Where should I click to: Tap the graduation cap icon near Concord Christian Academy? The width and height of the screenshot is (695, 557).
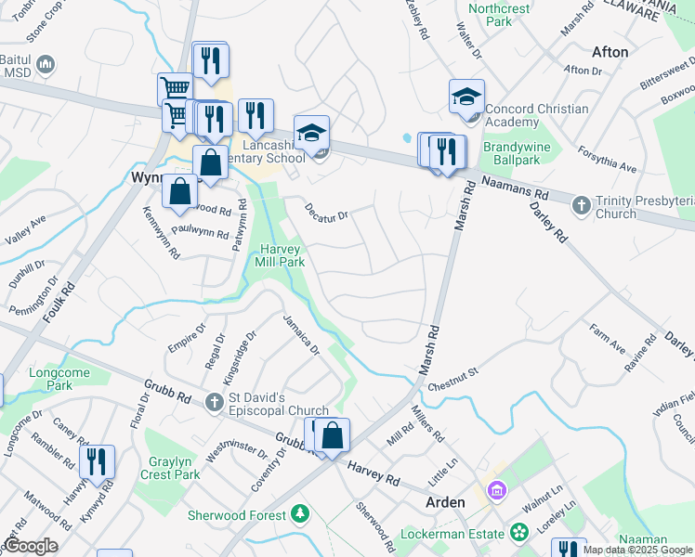[466, 97]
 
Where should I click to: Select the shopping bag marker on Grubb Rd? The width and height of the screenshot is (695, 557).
[334, 436]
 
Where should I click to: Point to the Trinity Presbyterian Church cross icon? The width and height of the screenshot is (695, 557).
[582, 204]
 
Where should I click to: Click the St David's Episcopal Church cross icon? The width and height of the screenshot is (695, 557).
[216, 403]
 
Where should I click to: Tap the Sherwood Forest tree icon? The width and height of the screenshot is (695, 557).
[299, 513]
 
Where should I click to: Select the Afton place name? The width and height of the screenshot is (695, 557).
[610, 52]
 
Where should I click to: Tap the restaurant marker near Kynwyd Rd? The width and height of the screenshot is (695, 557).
[97, 461]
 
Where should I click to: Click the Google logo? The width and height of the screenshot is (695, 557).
[31, 546]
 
